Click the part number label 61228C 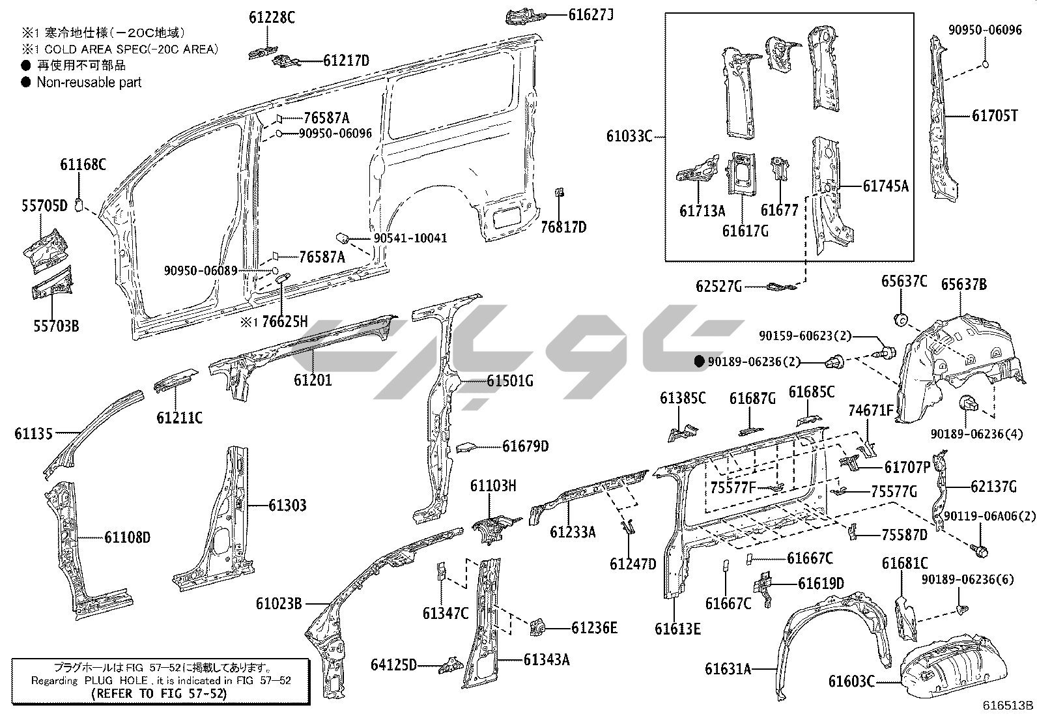click(271, 18)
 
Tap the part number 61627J click(591, 14)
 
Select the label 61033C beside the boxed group click(629, 136)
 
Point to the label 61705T click(995, 116)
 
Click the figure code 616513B click(1008, 705)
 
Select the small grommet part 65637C click(902, 320)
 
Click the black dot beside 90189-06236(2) click(700, 362)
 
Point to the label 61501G click(510, 380)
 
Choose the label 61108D click(127, 537)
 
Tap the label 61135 click(33, 433)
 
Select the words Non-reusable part click(89, 82)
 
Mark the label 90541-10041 click(410, 238)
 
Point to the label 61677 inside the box click(779, 210)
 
